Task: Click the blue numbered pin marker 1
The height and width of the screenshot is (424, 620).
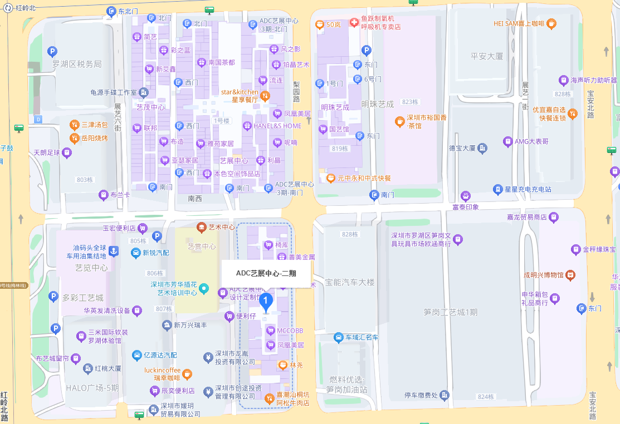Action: click(x=266, y=302)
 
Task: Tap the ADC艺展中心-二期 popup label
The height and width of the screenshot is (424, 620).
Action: click(x=266, y=273)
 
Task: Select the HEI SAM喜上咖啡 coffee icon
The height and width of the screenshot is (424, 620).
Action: click(x=551, y=23)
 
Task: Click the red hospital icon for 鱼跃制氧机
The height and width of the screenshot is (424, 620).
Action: click(x=354, y=23)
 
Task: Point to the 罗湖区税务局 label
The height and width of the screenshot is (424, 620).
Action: click(x=77, y=64)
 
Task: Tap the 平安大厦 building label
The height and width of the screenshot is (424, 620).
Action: click(x=486, y=56)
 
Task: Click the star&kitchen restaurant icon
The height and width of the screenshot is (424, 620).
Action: click(x=266, y=96)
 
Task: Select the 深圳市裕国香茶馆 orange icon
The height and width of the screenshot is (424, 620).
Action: click(x=399, y=121)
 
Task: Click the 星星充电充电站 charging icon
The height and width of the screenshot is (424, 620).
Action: click(x=497, y=189)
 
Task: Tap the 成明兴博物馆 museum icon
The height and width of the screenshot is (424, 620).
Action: click(x=570, y=275)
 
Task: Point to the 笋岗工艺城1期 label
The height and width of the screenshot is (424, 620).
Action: click(x=450, y=312)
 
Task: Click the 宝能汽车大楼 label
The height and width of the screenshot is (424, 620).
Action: click(x=350, y=282)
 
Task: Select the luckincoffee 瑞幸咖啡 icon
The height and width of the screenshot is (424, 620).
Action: click(x=187, y=374)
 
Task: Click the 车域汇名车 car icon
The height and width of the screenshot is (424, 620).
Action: click(x=339, y=337)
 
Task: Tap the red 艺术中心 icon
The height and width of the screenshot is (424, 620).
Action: click(x=202, y=227)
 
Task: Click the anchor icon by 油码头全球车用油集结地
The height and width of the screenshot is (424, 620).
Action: click(x=113, y=252)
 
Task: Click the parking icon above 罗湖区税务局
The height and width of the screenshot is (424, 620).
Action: click(x=52, y=52)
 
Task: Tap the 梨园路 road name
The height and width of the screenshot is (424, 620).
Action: click(x=296, y=91)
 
